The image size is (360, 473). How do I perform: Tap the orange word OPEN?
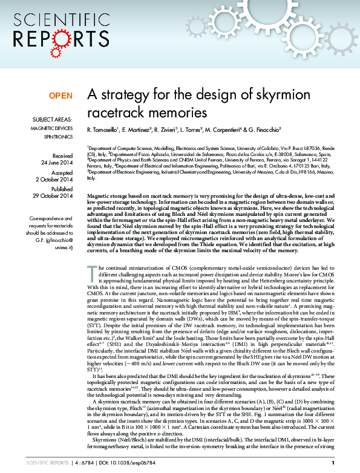[x=61, y=96]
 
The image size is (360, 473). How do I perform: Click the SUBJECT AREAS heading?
[x=53, y=120]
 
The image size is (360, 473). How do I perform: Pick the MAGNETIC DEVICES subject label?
[x=51, y=129]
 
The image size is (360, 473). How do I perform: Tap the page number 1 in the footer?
[x=333, y=463]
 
